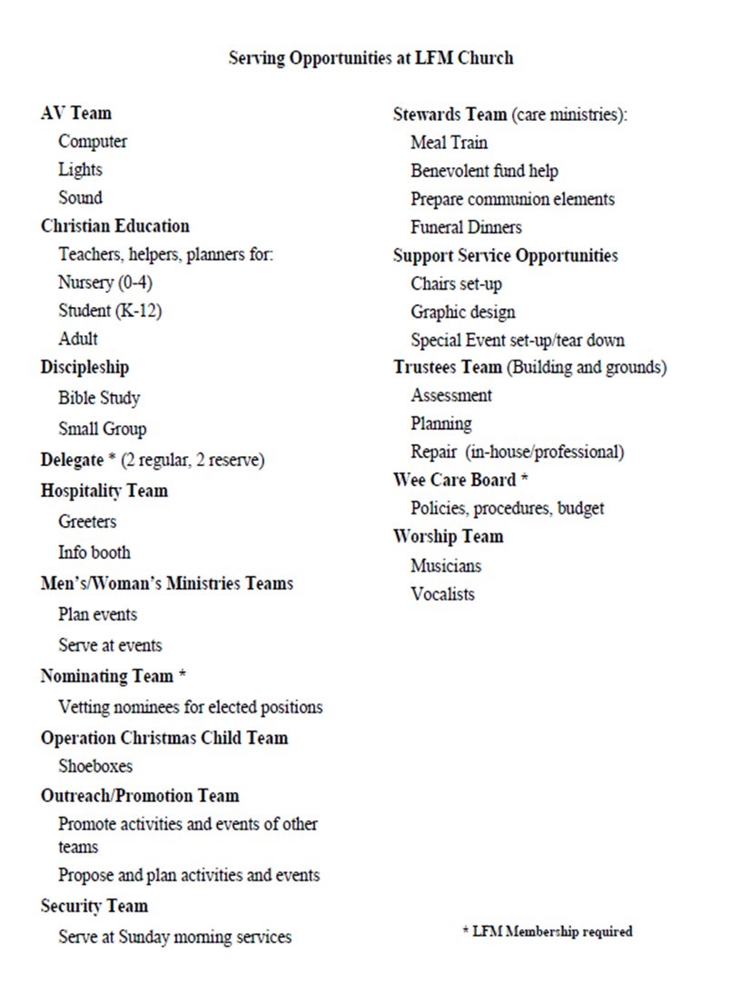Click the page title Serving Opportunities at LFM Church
tap(370, 58)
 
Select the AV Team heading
tap(76, 114)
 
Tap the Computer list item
tap(93, 142)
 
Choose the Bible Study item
tap(99, 398)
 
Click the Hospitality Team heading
tap(104, 491)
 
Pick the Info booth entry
tap(94, 552)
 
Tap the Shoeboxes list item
tap(95, 766)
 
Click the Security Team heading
tap(94, 906)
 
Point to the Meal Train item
tap(449, 143)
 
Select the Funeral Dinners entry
tap(466, 227)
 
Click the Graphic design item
tap(462, 313)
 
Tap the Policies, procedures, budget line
tap(507, 508)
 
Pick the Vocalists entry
tap(442, 594)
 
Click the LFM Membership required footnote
tap(547, 931)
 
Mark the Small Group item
tap(102, 429)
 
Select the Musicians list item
tap(446, 566)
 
